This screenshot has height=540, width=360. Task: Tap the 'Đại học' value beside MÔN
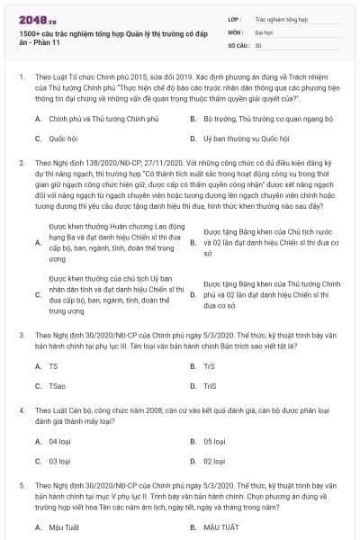pos(265,31)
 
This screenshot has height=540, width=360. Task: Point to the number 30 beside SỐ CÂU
pos(258,44)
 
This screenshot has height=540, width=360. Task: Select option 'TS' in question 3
pos(53,366)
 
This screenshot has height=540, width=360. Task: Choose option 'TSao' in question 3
pos(57,386)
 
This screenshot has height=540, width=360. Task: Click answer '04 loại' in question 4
pos(59,441)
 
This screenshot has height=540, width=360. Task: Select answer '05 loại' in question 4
pos(214,441)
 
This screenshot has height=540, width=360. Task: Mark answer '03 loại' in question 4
pos(59,461)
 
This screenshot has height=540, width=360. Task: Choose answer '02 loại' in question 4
pos(214,461)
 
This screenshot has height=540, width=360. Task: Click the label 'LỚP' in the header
pos(233,17)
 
